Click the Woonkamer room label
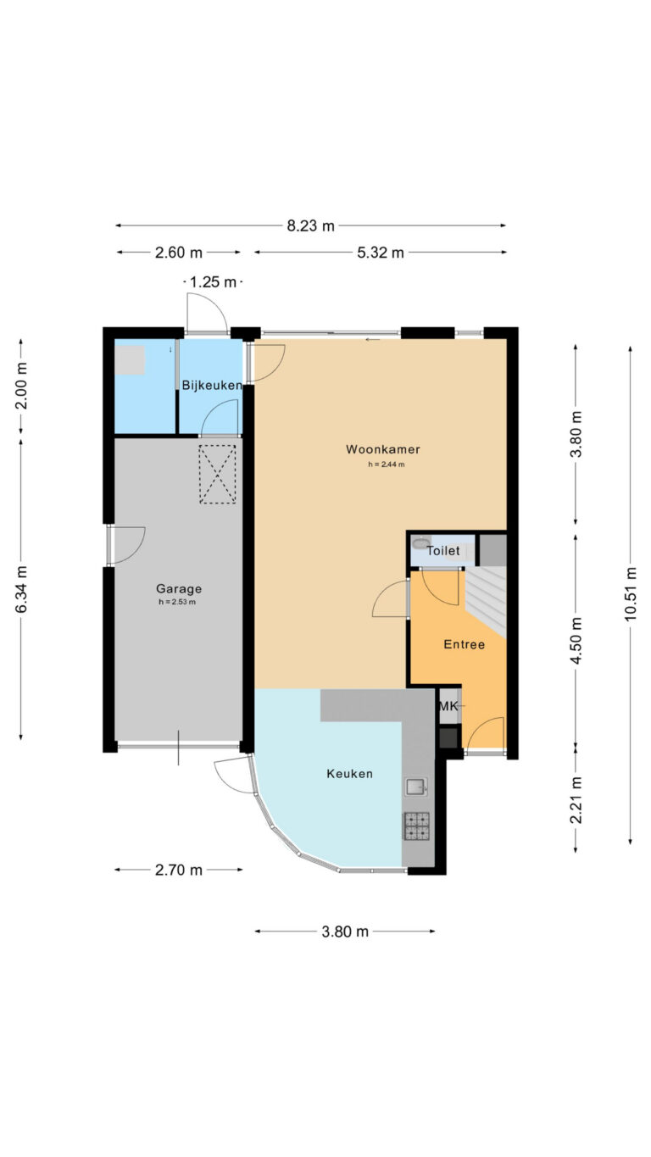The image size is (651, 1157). click(x=383, y=449)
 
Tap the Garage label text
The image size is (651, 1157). click(x=179, y=589)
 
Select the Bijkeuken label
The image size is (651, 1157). click(x=212, y=386)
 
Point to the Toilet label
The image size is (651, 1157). click(x=442, y=551)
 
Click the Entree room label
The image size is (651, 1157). click(x=465, y=644)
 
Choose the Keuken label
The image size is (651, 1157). click(x=350, y=774)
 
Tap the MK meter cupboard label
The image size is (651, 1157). click(x=448, y=705)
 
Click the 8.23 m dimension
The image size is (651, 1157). click(x=311, y=225)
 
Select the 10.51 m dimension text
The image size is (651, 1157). click(x=631, y=593)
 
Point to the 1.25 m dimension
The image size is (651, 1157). click(x=213, y=282)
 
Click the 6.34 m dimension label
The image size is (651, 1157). click(x=21, y=589)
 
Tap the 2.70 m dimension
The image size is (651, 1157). click(x=179, y=870)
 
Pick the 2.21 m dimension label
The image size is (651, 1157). click(x=576, y=800)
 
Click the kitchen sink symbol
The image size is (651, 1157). click(x=416, y=787)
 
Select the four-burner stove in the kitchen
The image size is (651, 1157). click(x=416, y=826)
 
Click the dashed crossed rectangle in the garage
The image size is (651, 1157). click(x=218, y=474)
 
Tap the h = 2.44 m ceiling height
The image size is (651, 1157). click(x=387, y=464)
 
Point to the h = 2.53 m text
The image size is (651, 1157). click(x=177, y=602)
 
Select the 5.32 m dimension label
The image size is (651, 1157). click(x=381, y=253)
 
